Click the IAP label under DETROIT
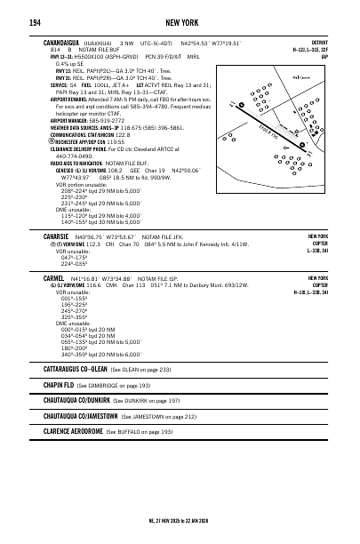coord(324,57)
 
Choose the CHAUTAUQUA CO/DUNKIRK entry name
coord(85,401)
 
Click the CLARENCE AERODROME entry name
coord(73,431)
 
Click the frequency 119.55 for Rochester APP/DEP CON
coord(115,141)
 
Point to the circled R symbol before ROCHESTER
coord(46,141)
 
